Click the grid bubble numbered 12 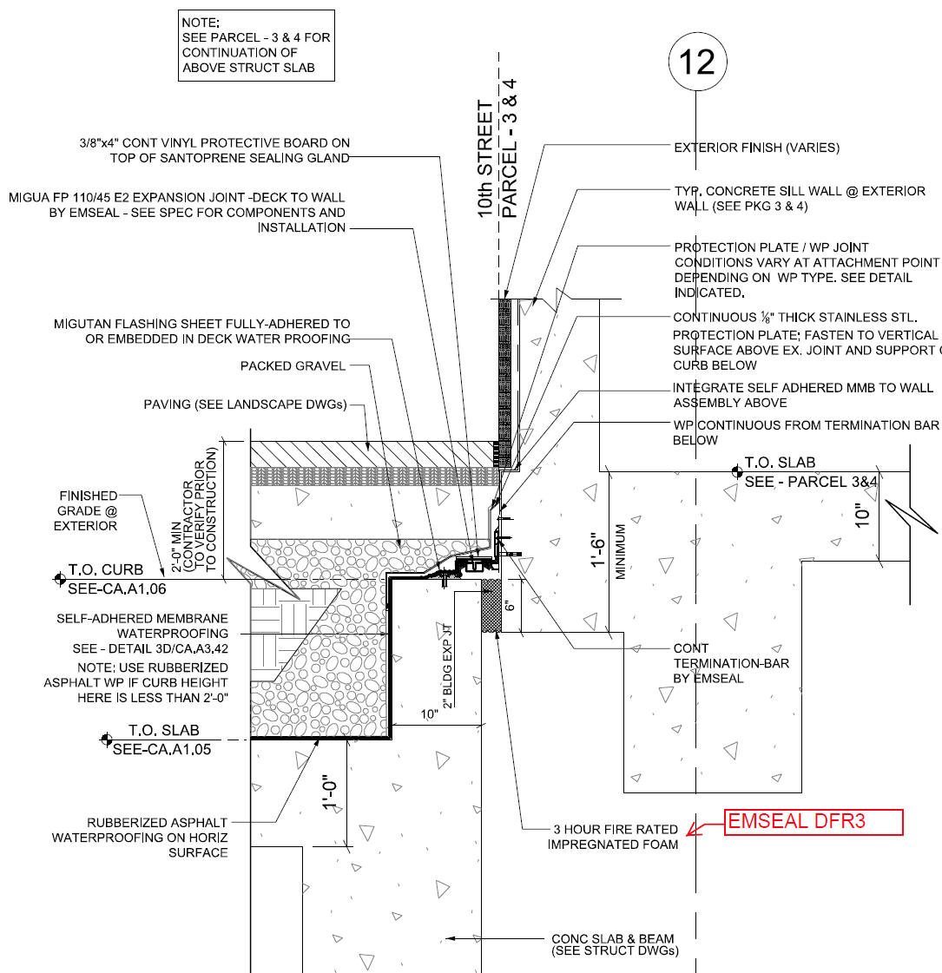coord(696,62)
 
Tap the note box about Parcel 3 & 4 coord(256,45)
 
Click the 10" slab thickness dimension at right coord(863,514)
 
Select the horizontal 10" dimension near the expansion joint coord(430,714)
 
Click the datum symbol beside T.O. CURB coord(59,579)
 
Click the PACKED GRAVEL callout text coord(293,366)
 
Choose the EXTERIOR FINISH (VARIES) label coord(756,148)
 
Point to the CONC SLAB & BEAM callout coord(615,944)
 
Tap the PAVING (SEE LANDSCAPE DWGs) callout coord(245,404)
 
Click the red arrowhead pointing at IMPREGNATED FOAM coord(692,832)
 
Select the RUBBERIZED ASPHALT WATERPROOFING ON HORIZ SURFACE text coord(141,838)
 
